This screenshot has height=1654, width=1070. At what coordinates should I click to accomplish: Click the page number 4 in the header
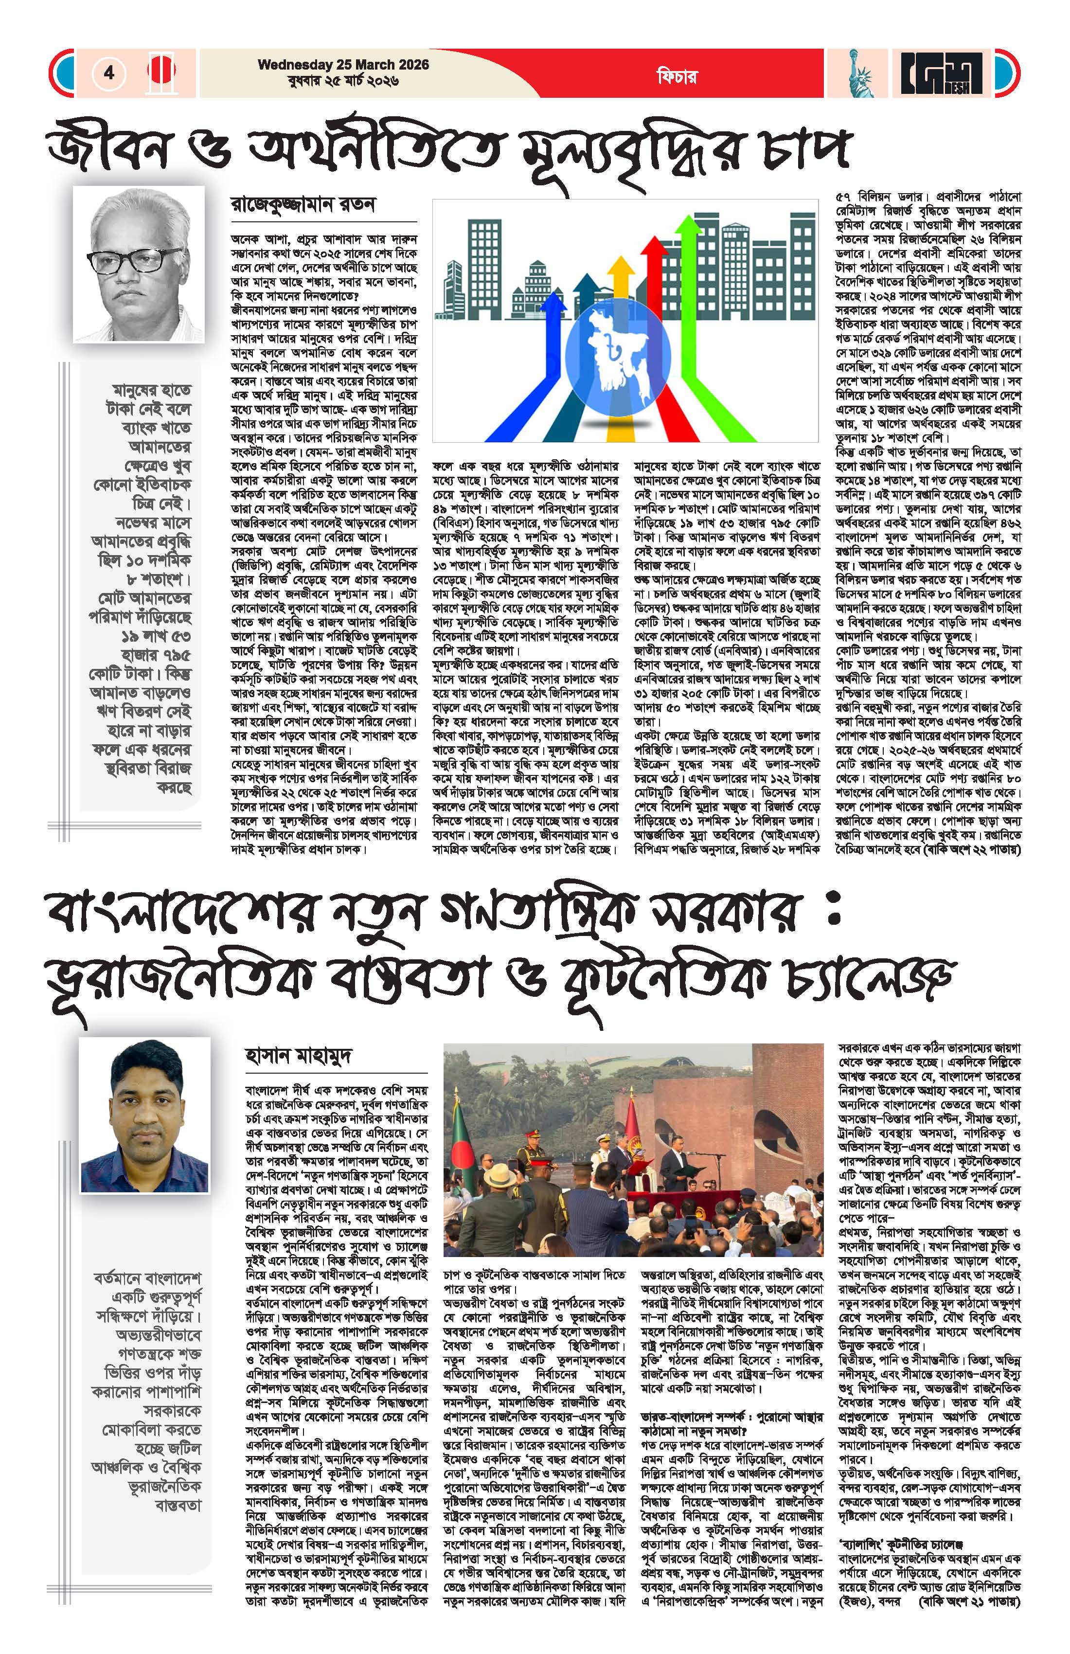pos(109,72)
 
